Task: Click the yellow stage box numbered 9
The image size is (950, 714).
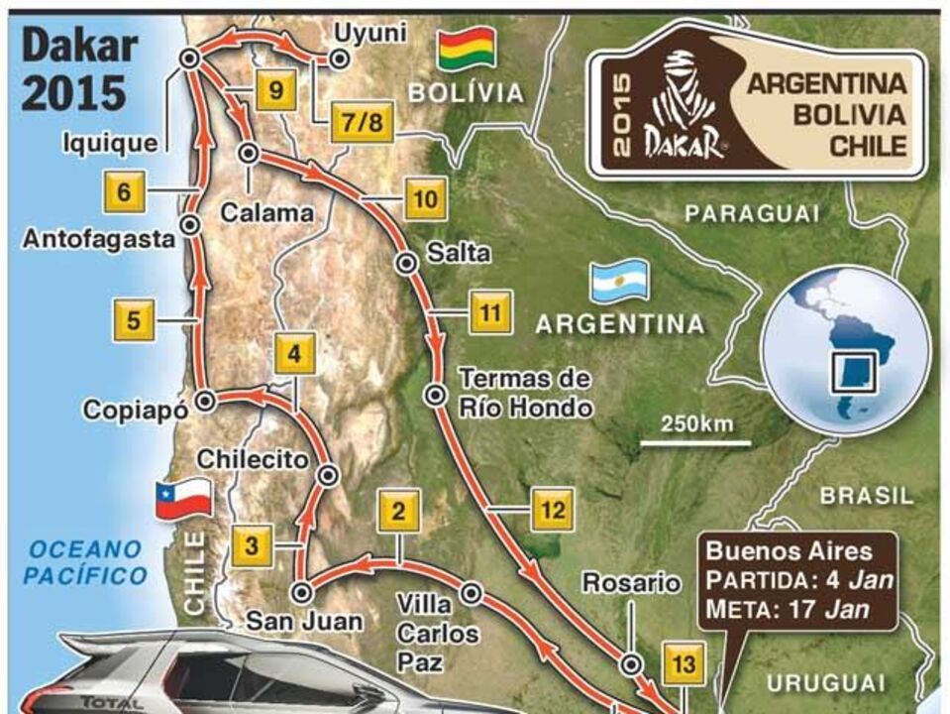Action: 276,92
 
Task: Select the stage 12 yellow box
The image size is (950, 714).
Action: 553,510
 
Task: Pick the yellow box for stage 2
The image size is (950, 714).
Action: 398,513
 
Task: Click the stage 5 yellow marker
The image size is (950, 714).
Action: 134,320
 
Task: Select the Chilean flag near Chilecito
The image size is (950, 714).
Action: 184,497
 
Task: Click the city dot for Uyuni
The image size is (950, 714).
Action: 339,59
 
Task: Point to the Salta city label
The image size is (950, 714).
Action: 458,253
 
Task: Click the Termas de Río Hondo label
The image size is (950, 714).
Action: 525,393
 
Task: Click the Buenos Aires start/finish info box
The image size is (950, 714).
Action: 797,579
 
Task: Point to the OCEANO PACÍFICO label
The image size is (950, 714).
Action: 86,561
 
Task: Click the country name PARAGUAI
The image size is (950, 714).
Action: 754,212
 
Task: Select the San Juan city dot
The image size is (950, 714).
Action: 303,592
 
